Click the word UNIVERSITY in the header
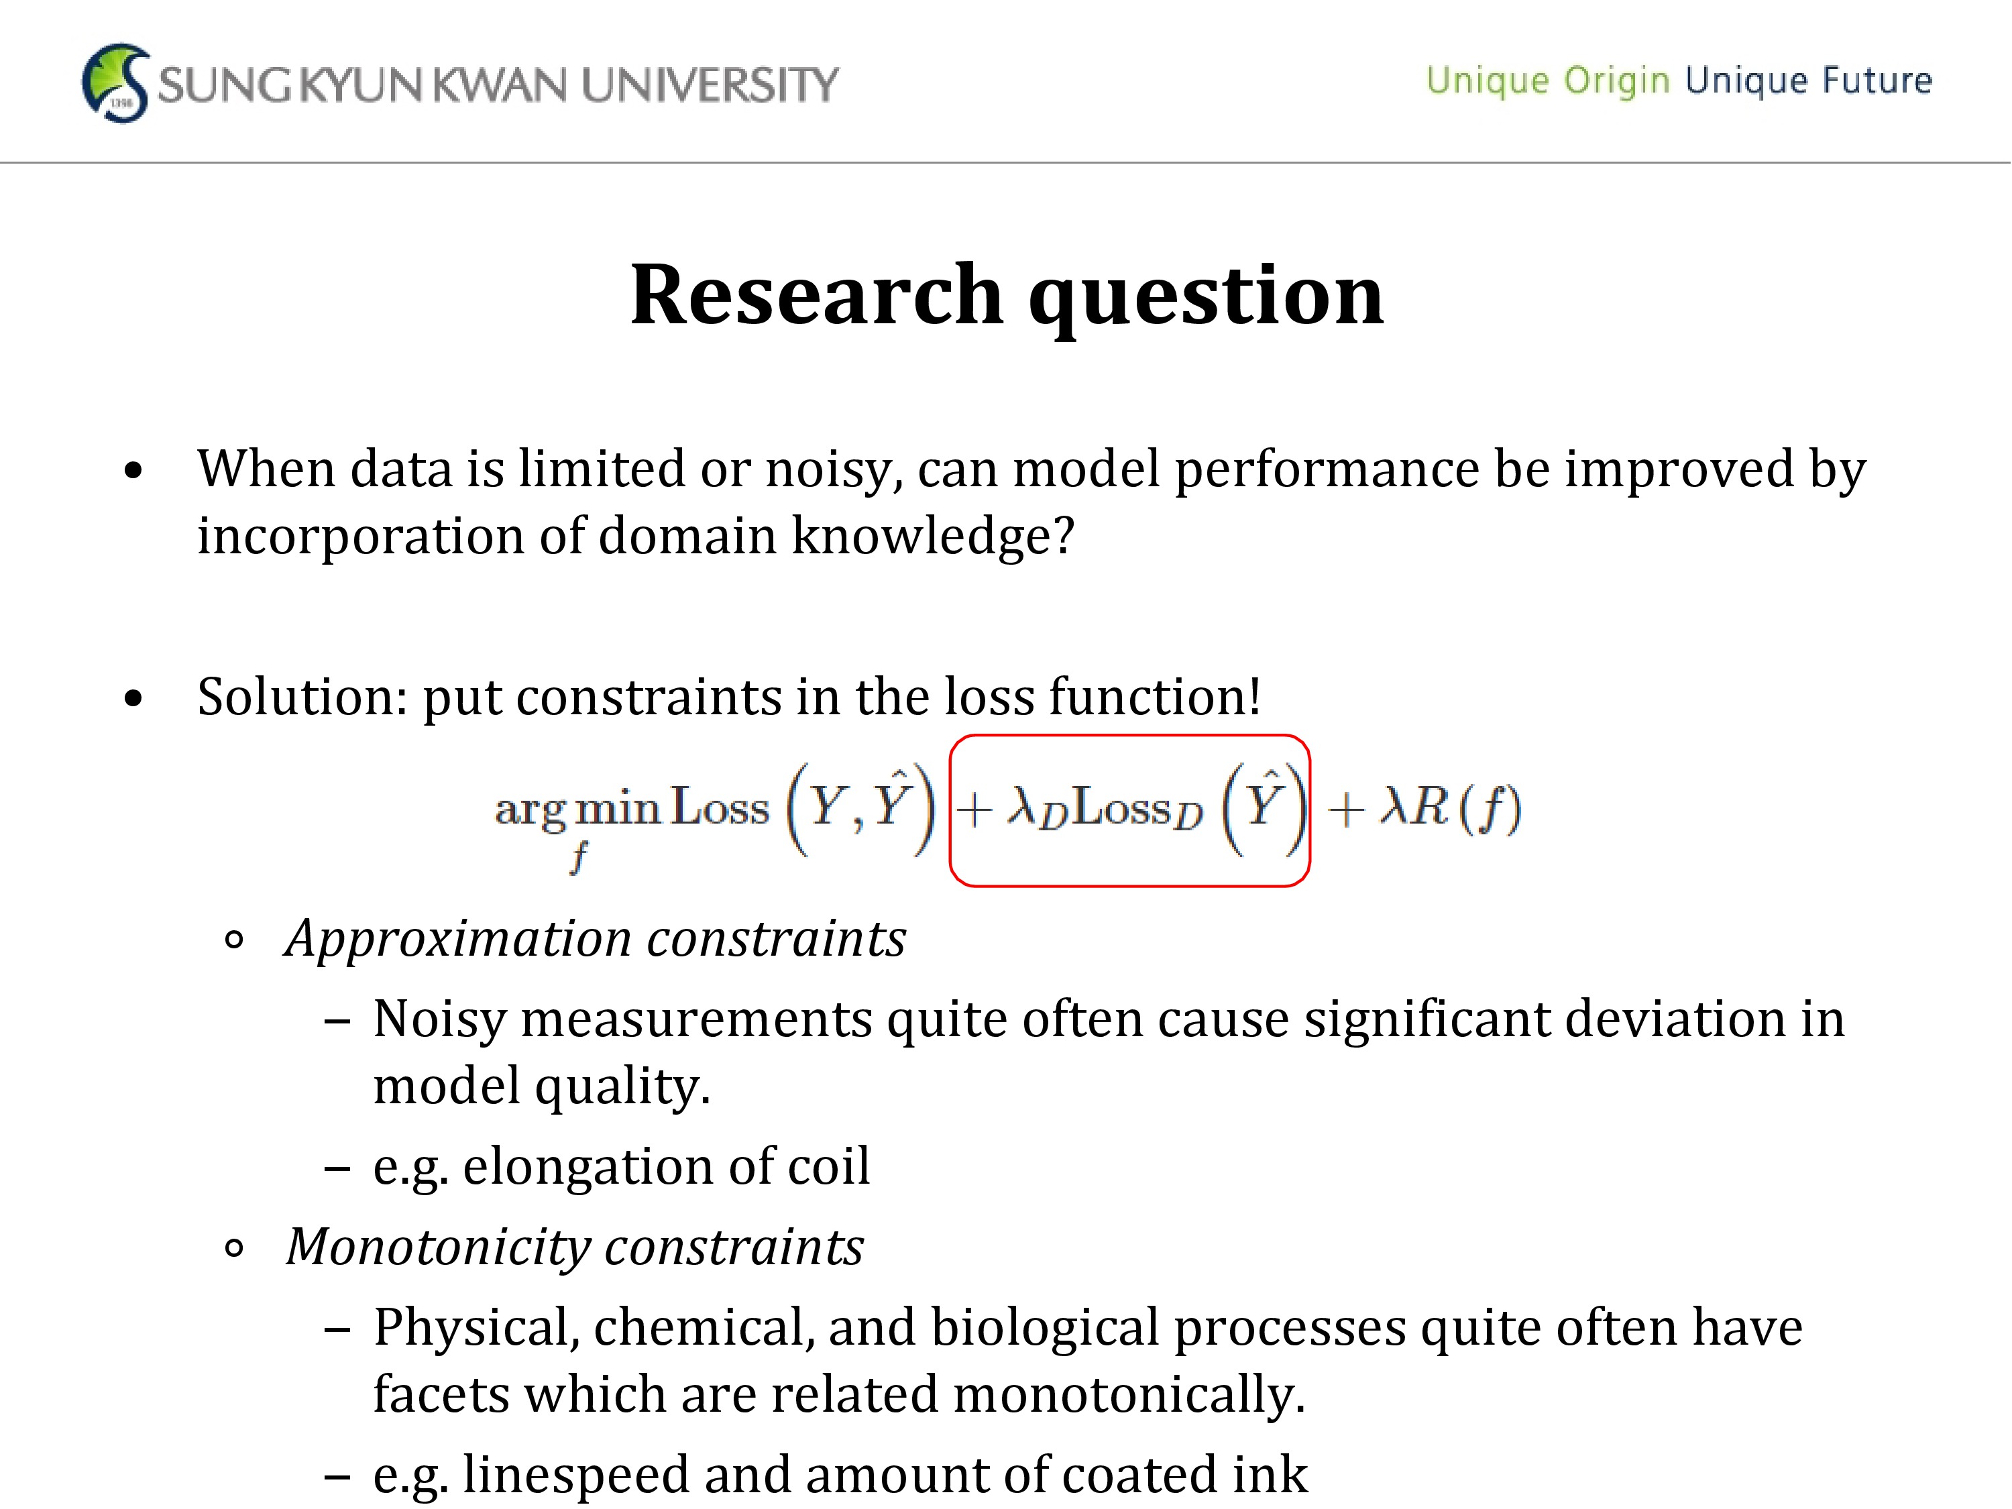(x=710, y=85)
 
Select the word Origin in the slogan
(x=1616, y=81)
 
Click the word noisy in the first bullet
(x=833, y=471)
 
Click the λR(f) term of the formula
(x=1450, y=807)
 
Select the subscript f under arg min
(x=579, y=857)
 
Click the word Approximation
(x=457, y=940)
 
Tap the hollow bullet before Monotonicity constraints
(x=234, y=1249)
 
